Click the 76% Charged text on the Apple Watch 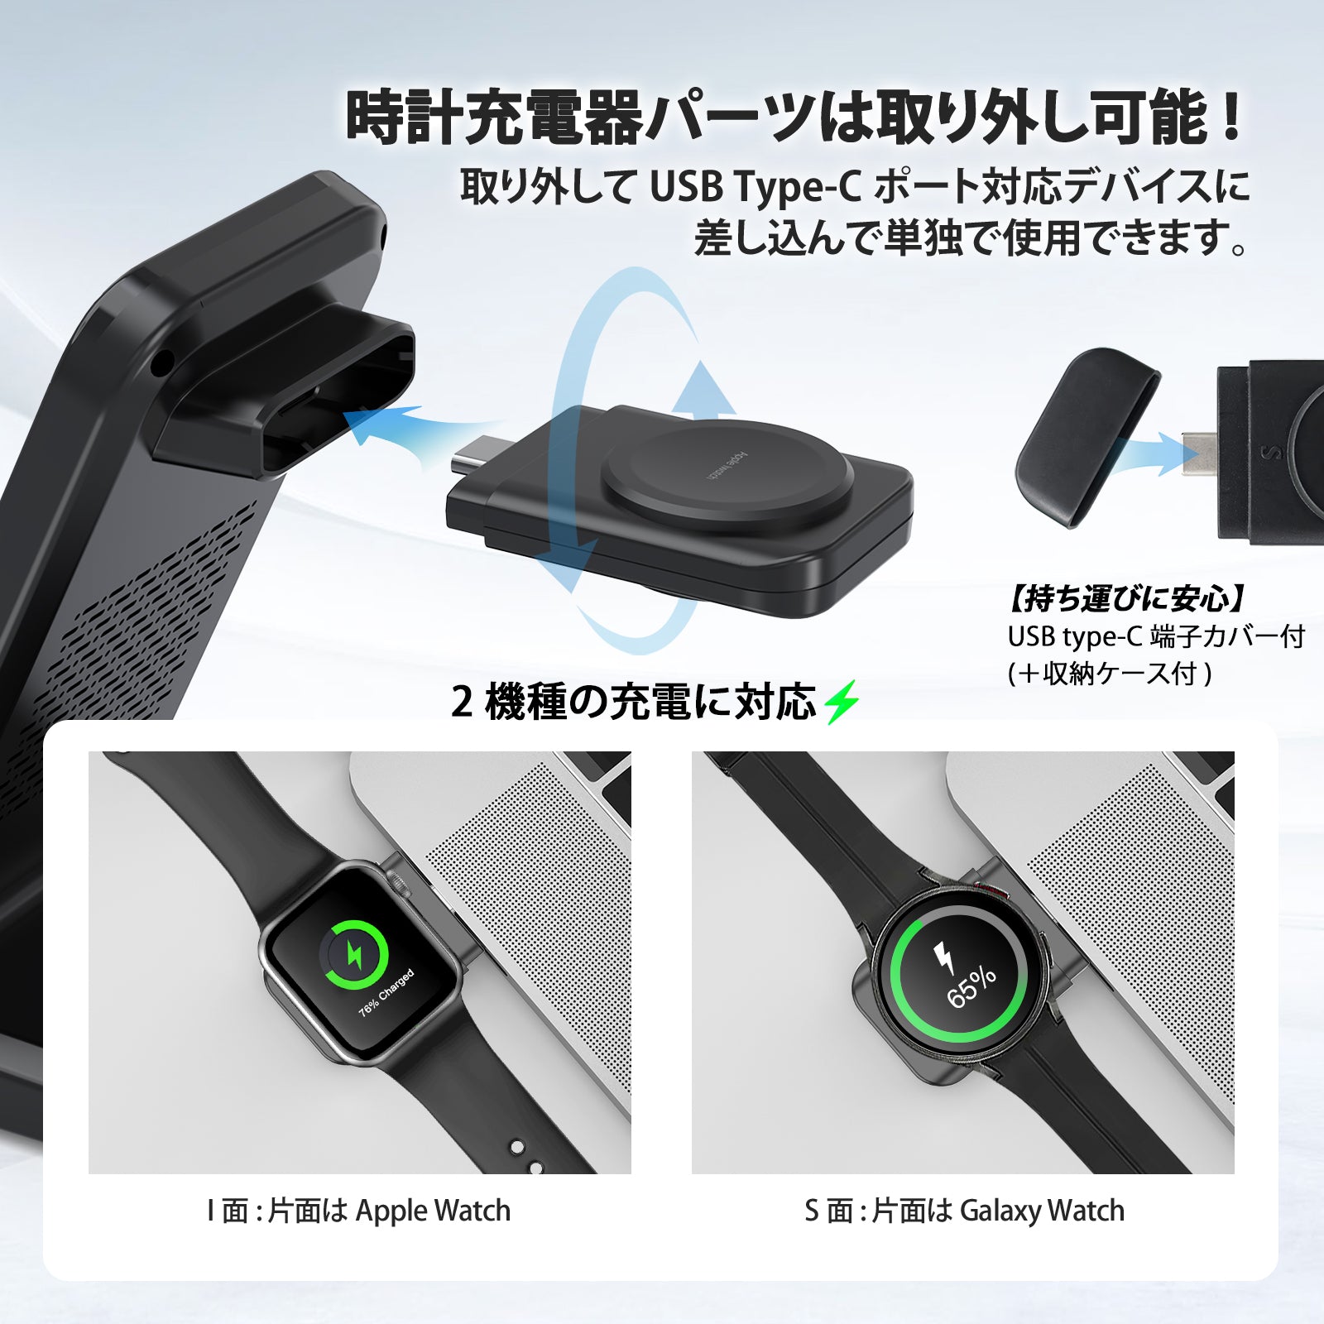tap(386, 992)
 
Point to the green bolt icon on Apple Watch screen tap(354, 955)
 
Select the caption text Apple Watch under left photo tap(433, 1211)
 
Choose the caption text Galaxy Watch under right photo tap(1042, 1211)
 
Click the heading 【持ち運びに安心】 tap(1127, 597)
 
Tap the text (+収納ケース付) tap(1110, 674)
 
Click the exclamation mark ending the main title tap(1231, 119)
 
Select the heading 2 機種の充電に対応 tap(634, 703)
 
